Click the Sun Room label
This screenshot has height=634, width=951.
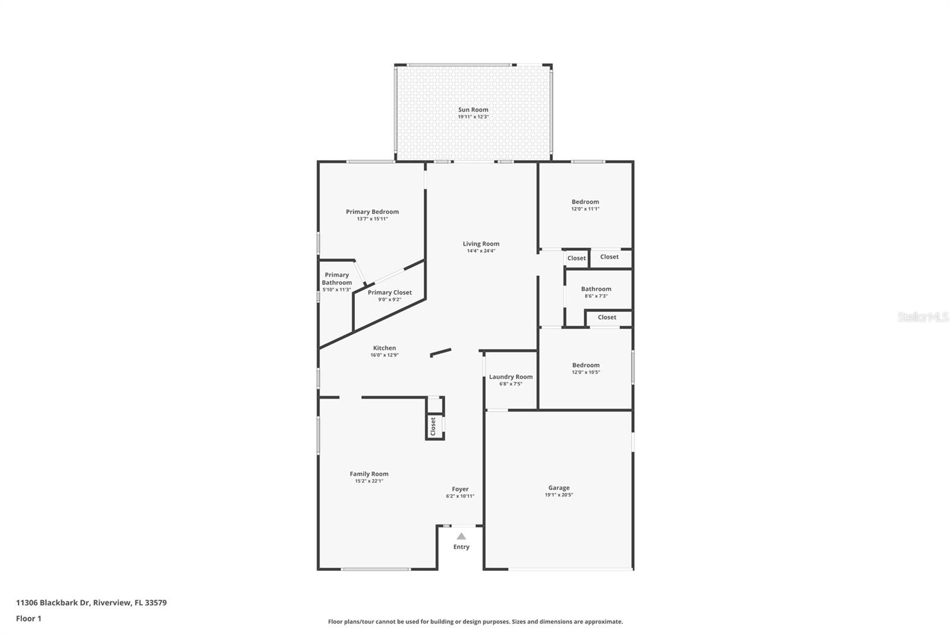pos(473,109)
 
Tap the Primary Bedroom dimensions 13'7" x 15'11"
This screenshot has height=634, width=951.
pos(372,219)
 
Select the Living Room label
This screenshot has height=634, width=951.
pos(481,243)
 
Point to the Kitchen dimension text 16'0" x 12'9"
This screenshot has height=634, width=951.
pos(384,355)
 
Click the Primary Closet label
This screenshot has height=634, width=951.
pos(389,292)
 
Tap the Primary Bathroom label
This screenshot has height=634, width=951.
pos(336,278)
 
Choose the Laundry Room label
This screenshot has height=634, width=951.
pos(511,376)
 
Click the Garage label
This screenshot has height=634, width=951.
pos(559,488)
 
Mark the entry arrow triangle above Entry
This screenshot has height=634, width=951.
pos(461,536)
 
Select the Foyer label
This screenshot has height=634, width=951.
pos(460,489)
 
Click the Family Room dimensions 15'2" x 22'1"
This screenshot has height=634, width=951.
pos(369,481)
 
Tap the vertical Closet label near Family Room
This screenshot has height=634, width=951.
pos(433,426)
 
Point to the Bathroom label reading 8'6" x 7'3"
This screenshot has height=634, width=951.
pos(596,288)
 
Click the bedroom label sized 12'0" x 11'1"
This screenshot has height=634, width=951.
pos(585,202)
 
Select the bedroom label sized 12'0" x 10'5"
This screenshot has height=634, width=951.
pos(585,365)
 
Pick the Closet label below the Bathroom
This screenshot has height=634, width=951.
pos(607,317)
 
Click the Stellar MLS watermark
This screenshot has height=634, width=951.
pos(922,318)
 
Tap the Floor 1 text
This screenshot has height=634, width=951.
pos(29,619)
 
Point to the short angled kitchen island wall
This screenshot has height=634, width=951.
pos(440,353)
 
